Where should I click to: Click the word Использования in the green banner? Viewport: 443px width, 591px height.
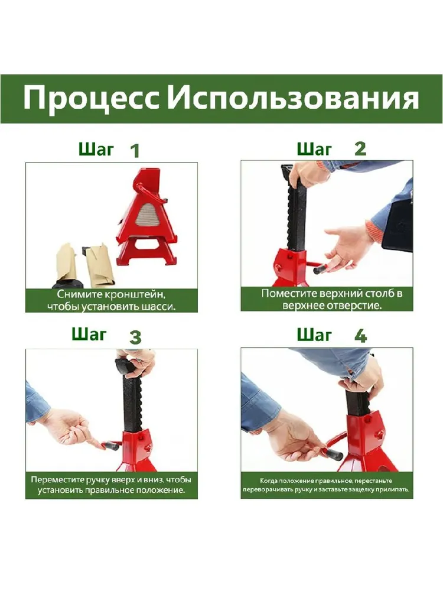(293, 98)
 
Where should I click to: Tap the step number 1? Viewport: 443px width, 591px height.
(135, 151)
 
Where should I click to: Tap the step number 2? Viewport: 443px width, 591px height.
(360, 149)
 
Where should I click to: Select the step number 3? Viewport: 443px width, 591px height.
(135, 337)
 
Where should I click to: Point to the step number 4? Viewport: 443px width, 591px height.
(360, 336)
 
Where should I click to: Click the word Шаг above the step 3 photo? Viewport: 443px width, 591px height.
(89, 335)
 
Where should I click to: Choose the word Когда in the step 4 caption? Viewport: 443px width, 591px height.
(269, 481)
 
